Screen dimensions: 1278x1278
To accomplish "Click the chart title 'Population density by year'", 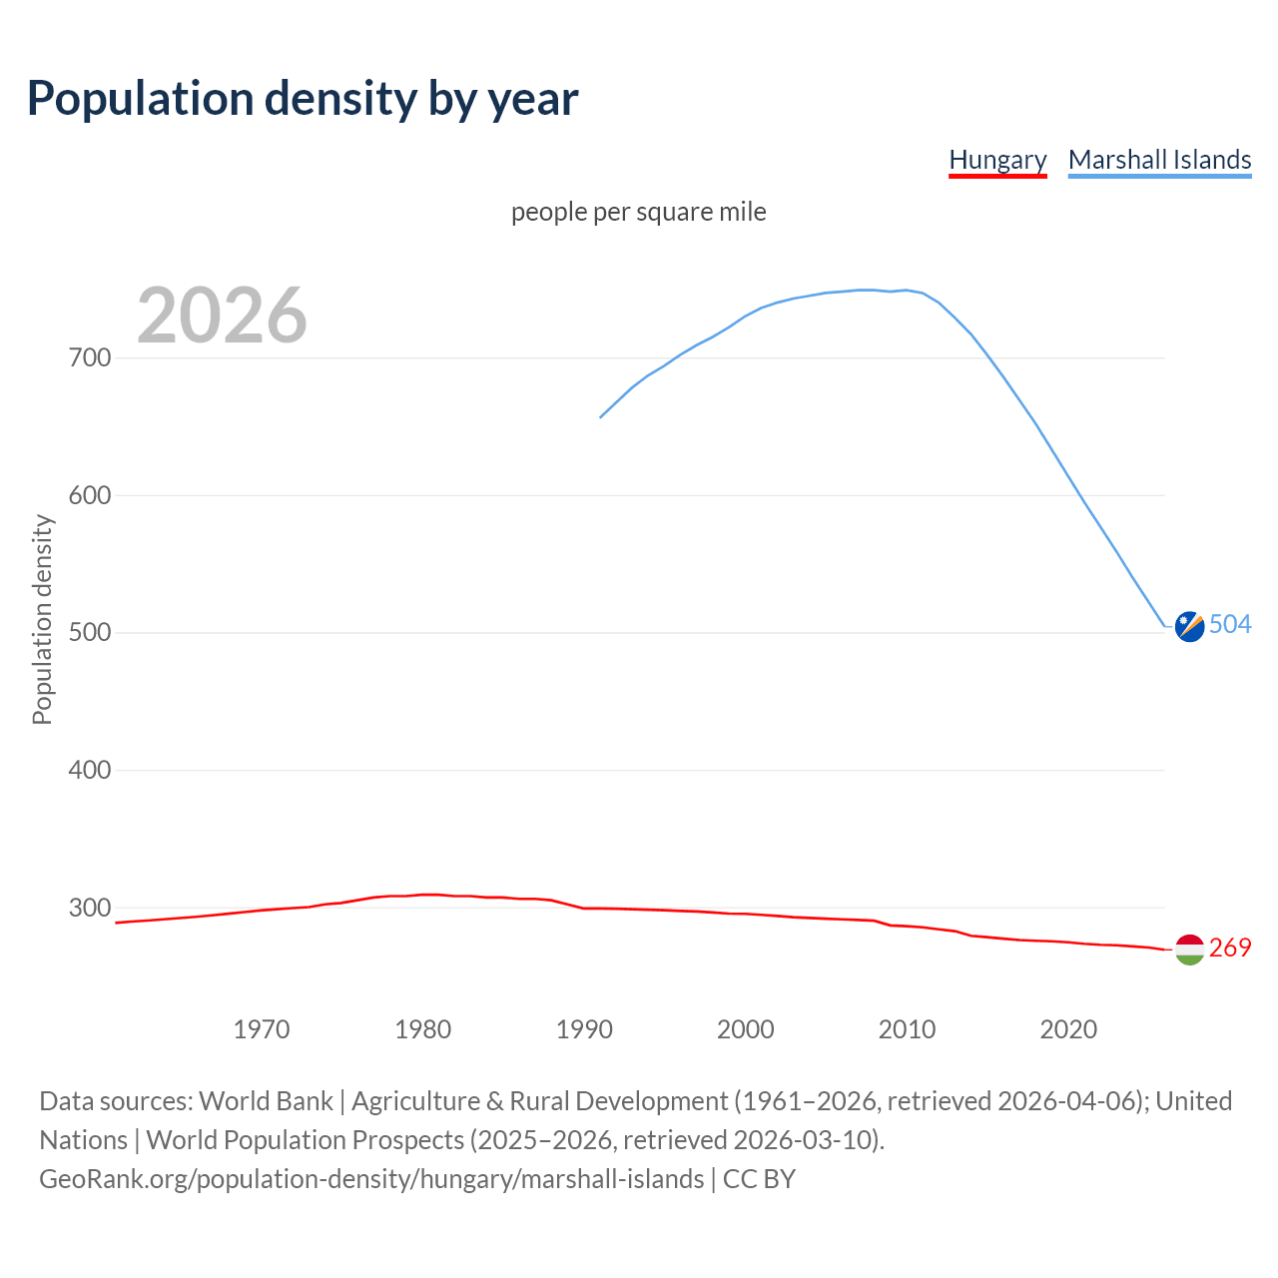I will point(303,98).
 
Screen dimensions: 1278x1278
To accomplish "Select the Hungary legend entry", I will point(997,160).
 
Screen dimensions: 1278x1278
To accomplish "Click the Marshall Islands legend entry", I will point(1159,160).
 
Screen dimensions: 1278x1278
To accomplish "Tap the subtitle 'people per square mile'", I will point(639,212).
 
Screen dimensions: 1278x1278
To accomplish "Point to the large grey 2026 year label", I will point(222,316).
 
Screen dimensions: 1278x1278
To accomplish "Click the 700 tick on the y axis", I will point(90,357).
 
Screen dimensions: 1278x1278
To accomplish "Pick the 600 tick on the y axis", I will point(90,495).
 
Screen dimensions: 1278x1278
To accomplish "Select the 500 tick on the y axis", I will point(90,633).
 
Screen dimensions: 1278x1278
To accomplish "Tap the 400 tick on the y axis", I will point(90,770).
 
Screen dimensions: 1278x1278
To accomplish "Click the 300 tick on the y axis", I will point(90,908).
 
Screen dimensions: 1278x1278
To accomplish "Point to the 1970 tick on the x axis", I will point(262,1029).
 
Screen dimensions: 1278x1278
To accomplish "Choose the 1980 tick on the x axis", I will point(423,1029).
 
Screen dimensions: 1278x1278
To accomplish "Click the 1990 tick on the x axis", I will point(584,1029).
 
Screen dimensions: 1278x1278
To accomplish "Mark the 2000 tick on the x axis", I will point(746,1029).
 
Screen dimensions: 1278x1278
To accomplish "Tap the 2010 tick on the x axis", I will point(908,1029).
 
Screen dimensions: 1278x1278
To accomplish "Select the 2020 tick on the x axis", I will point(1068,1029).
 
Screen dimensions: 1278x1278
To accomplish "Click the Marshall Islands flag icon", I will point(1189,626).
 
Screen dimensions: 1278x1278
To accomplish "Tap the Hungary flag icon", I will point(1189,950).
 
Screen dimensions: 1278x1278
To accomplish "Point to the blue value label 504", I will point(1230,624).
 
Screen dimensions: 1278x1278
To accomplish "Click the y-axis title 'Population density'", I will point(42,619).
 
